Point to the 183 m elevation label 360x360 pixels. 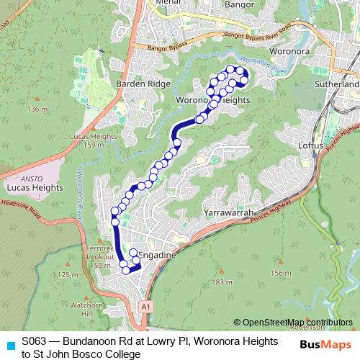coord(222,282)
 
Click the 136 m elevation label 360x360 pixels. coord(35,109)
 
